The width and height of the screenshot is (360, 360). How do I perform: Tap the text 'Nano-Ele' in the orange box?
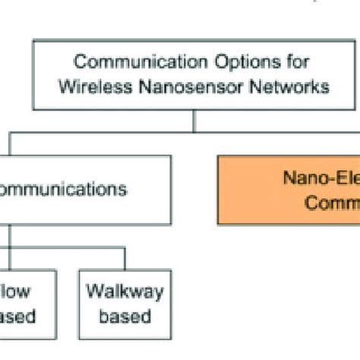click(318, 178)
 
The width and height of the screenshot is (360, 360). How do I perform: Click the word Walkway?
click(125, 292)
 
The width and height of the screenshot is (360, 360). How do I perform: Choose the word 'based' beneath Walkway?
click(125, 316)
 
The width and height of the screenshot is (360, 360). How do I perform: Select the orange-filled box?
click(289, 190)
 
